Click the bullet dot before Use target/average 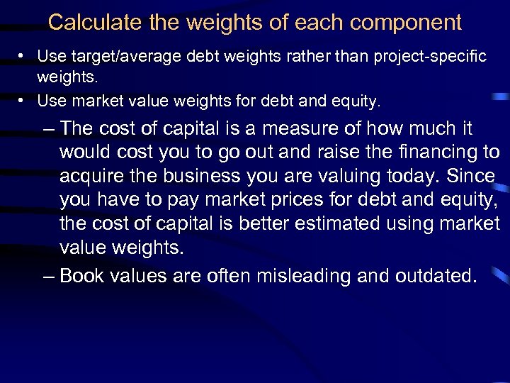coord(23,56)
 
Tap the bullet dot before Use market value coord(23,101)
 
